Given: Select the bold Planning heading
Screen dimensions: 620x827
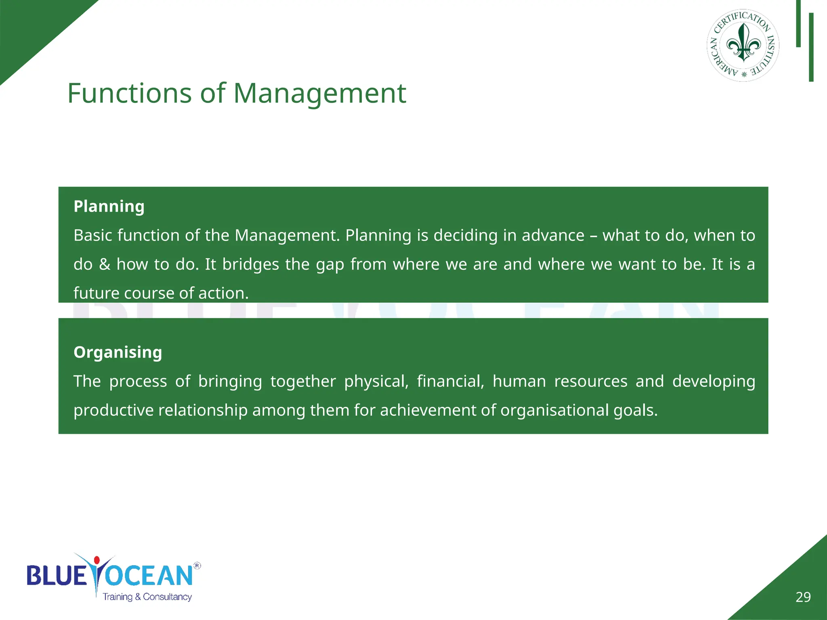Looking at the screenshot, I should click(109, 206).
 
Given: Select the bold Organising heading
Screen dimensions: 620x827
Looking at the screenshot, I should click(118, 352).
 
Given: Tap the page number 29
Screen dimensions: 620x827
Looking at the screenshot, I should click(803, 597).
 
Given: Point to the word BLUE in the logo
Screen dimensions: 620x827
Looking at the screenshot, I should click(57, 576).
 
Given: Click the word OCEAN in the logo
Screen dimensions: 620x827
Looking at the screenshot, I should click(149, 576).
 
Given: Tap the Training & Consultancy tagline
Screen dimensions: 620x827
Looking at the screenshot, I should click(147, 597).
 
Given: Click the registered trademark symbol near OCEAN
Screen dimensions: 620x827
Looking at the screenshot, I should click(197, 566).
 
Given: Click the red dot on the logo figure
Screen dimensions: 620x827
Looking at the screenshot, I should click(97, 560).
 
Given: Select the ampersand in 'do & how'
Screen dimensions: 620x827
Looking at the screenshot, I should click(105, 265).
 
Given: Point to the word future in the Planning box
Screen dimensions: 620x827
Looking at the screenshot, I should click(96, 293).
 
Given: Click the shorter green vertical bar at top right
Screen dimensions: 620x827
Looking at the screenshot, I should click(798, 23).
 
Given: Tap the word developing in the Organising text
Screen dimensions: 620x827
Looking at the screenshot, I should click(714, 381).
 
